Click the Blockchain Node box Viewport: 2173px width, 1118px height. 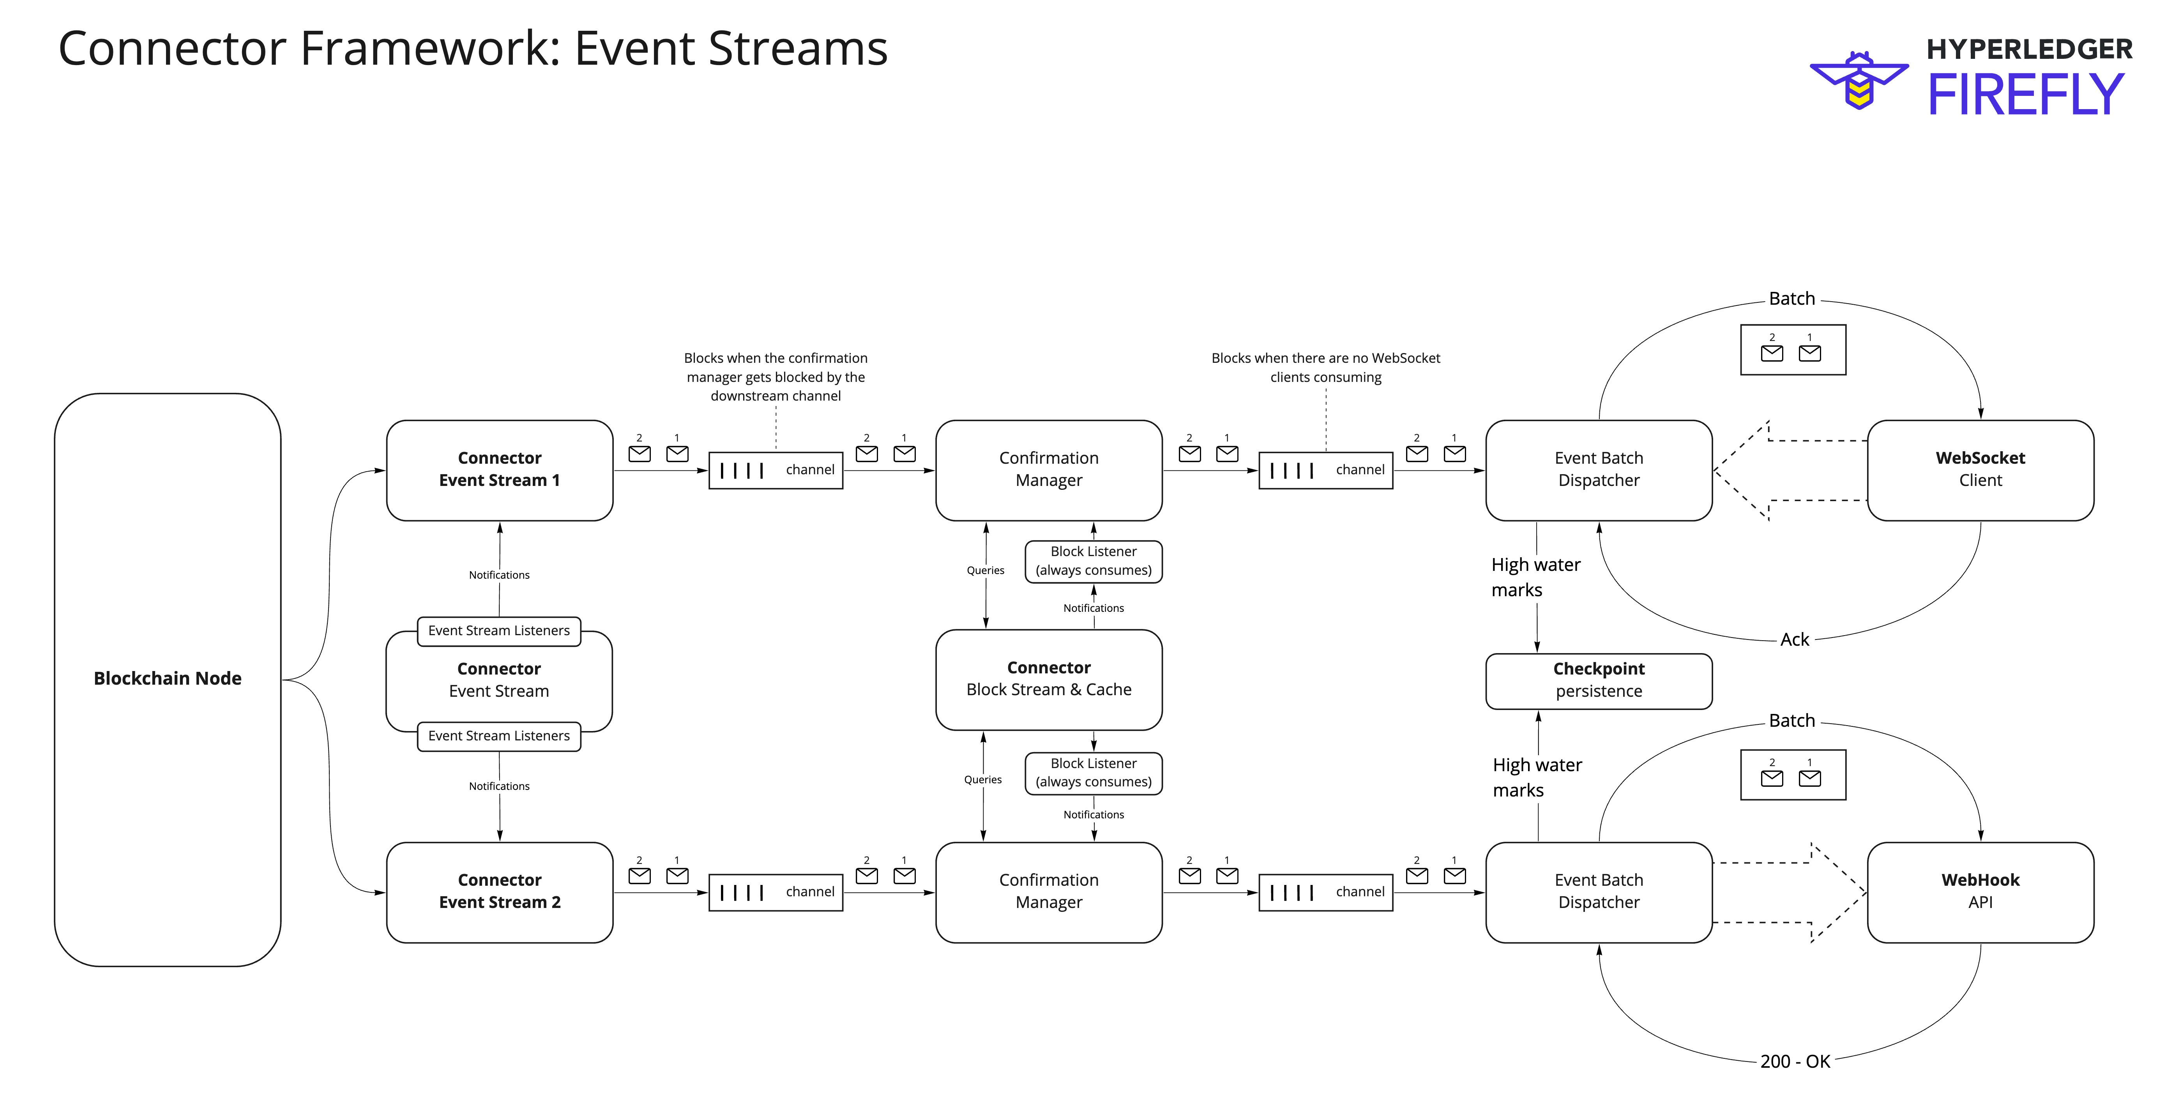[167, 679]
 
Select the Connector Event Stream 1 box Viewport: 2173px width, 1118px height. [499, 470]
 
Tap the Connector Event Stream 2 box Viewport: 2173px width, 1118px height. [499, 892]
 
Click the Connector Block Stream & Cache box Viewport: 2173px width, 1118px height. [1049, 679]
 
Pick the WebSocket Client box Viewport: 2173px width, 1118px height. [1980, 470]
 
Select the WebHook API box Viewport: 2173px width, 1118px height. [1980, 892]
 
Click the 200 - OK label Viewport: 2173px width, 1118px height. [1794, 1061]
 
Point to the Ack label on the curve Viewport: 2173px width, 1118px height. [1794, 639]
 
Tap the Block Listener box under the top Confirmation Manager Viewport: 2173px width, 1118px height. [1093, 561]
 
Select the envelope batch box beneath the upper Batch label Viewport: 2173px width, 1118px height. [1793, 349]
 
